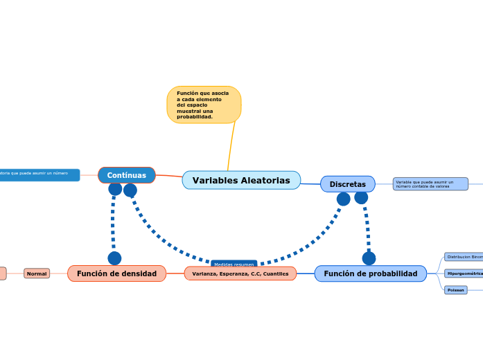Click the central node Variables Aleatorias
coord(241,180)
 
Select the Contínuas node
coord(126,175)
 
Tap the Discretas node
coord(347,184)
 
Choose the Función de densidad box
coord(116,273)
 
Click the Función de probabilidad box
coord(370,273)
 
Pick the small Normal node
coord(37,273)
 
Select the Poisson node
coord(455,290)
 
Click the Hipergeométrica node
coord(464,273)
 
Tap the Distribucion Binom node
coord(464,257)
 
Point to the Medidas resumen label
coord(234,264)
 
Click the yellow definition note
coord(204,105)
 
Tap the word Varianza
coord(204,273)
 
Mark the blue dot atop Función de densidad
coord(114,258)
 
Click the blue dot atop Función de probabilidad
coord(369,258)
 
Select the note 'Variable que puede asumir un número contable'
coord(430,184)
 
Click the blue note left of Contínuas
coord(38,175)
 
